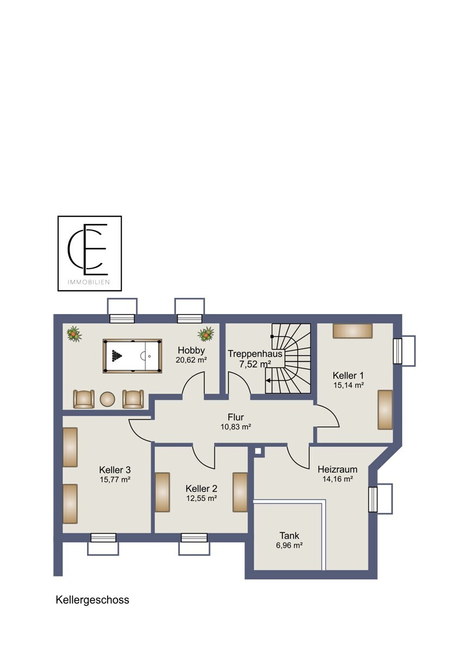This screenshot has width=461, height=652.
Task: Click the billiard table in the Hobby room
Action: (132, 356)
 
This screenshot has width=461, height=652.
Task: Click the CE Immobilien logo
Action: (90, 253)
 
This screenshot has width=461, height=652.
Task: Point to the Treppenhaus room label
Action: (255, 354)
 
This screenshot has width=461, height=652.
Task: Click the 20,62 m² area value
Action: (191, 360)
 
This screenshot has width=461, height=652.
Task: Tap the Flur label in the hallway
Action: (235, 417)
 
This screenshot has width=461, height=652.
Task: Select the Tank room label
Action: (289, 535)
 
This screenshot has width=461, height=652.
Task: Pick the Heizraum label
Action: (338, 469)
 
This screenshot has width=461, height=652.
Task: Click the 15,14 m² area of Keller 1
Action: (348, 385)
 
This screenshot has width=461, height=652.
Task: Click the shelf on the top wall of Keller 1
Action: (353, 331)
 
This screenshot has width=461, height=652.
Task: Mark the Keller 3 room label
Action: (115, 469)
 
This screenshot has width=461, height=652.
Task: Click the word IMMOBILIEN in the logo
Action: (89, 282)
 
